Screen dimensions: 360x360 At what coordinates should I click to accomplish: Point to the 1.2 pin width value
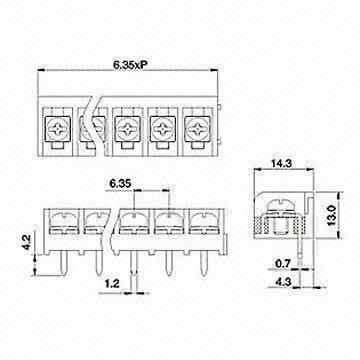(117, 283)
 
